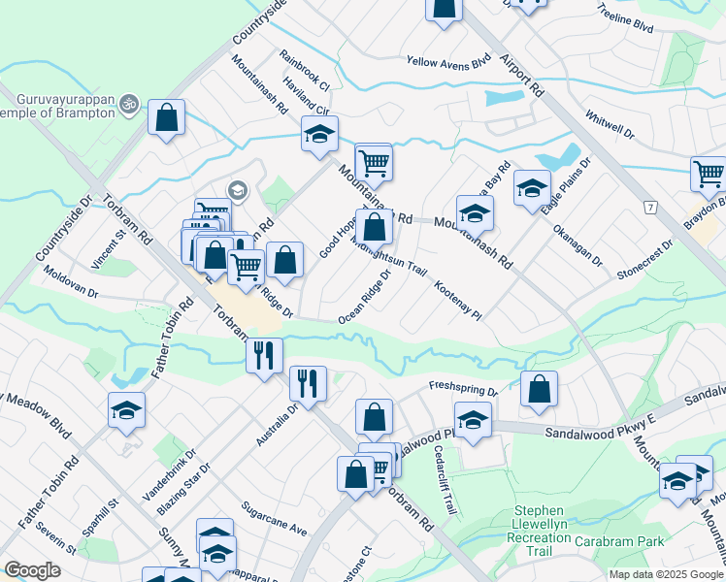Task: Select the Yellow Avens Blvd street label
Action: click(449, 64)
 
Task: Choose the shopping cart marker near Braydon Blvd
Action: click(709, 176)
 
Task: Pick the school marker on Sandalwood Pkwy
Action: click(473, 422)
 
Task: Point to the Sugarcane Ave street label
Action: click(276, 519)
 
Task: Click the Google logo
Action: click(32, 570)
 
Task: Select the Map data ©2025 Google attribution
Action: click(666, 574)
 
